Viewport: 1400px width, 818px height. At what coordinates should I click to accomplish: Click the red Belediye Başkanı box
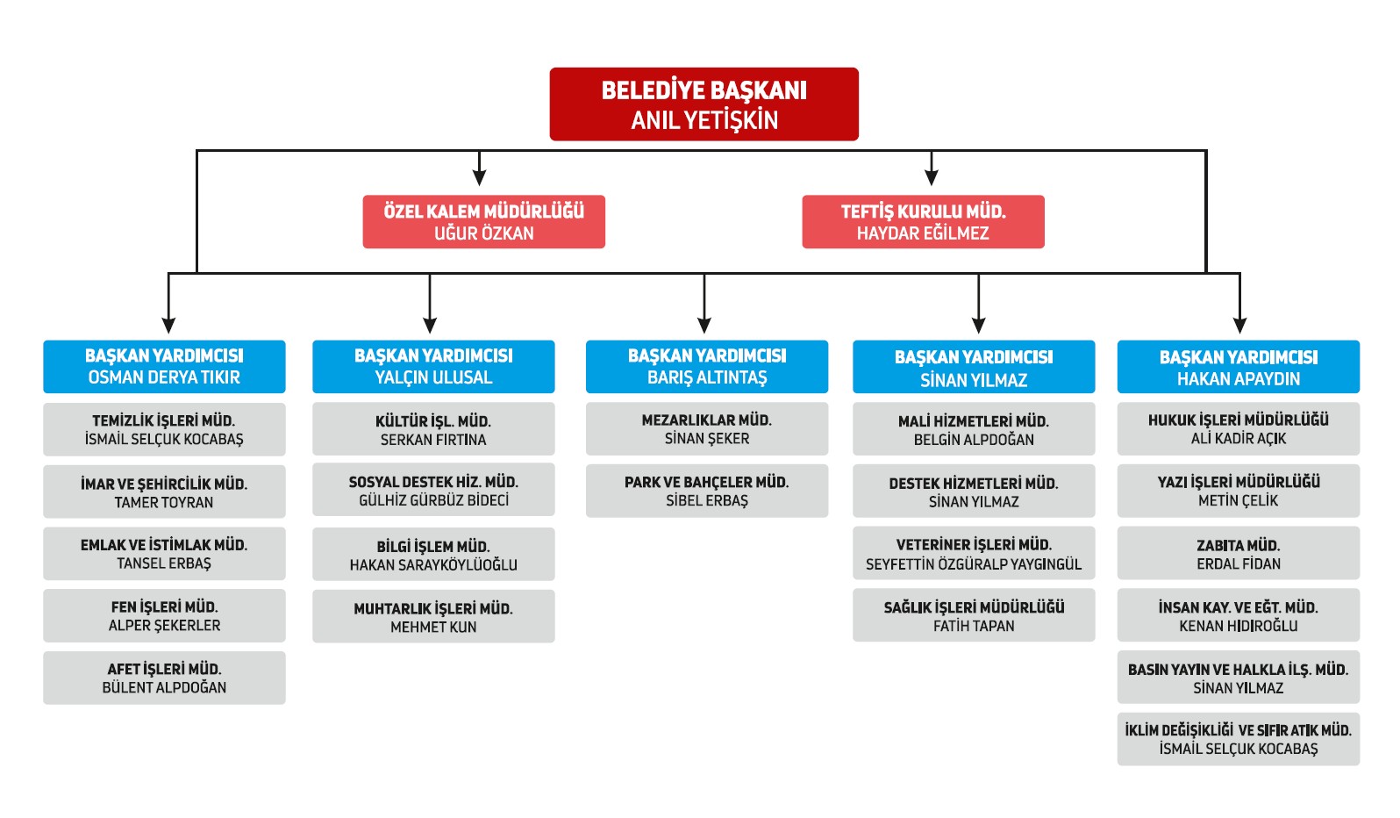[704, 104]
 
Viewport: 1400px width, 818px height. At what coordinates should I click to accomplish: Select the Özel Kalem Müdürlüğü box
[483, 221]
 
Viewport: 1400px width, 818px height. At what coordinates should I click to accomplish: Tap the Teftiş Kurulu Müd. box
[923, 221]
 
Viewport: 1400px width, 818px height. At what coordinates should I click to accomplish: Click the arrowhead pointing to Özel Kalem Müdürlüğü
[479, 177]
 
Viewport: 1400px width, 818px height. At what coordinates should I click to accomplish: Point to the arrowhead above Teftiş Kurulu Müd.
[932, 177]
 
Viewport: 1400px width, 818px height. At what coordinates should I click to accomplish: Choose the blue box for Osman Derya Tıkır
[164, 367]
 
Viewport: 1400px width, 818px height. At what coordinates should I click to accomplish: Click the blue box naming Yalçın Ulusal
[433, 367]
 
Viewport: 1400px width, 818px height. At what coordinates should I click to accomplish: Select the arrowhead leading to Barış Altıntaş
[704, 325]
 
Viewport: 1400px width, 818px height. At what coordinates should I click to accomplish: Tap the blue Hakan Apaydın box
[1239, 367]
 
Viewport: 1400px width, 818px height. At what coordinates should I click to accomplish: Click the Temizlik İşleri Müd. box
[164, 429]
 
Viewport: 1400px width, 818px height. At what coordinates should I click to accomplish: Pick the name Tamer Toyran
[164, 502]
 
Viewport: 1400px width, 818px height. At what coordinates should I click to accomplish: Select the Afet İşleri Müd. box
[164, 678]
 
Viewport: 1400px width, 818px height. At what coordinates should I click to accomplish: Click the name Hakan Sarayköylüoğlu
[433, 564]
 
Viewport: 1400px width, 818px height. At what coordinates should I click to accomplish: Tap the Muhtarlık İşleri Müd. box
[433, 616]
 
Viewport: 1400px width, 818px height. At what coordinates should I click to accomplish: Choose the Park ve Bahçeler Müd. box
[707, 491]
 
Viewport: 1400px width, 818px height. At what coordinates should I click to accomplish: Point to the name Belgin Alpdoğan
[974, 440]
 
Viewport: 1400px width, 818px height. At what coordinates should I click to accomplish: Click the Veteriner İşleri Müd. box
[974, 553]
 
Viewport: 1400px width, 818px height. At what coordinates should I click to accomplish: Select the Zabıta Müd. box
[1239, 553]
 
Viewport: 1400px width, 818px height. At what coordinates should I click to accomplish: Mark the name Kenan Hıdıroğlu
[1239, 626]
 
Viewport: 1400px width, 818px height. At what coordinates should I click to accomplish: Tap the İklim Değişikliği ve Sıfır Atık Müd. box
[1239, 739]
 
